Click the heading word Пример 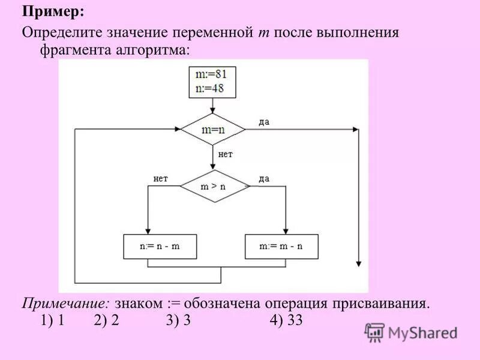tap(53, 11)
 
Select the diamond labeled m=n tap(214, 130)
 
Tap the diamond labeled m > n tap(214, 186)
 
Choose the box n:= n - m tap(160, 246)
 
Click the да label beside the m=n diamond tap(264, 122)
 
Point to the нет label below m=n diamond tap(225, 154)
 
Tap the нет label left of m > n tap(161, 178)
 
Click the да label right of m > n tap(264, 178)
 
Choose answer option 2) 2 tap(106, 320)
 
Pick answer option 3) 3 tap(178, 320)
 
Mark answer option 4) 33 tap(286, 320)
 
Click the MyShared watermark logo tap(411, 332)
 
